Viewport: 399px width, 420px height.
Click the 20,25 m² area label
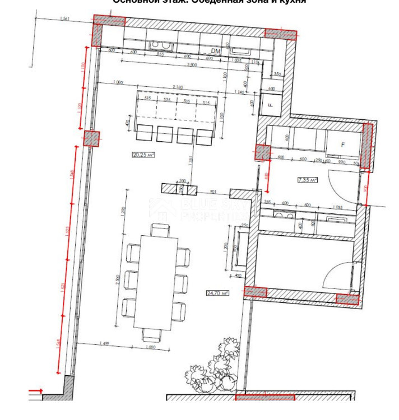coord(143,155)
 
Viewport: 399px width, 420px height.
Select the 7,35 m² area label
coord(307,180)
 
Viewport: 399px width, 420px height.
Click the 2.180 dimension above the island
coord(178,87)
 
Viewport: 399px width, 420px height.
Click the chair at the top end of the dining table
coord(160,230)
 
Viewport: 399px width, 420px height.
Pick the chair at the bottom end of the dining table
coord(151,334)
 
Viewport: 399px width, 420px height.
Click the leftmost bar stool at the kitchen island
coord(145,134)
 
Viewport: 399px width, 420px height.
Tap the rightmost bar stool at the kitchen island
coord(204,135)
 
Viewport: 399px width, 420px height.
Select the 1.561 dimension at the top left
coord(63,19)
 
